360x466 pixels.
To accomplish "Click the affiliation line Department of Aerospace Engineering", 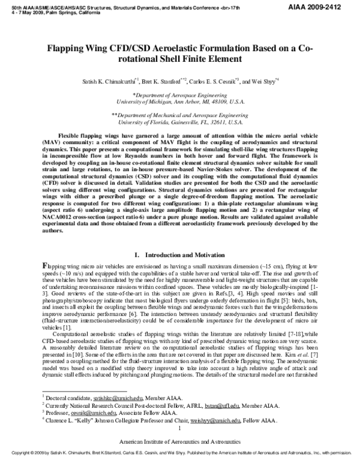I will (x=181, y=95).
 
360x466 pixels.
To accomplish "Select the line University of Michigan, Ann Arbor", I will (x=180, y=102).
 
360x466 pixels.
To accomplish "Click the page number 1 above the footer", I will (x=179, y=446).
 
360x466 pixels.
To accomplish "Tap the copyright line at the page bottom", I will (x=179, y=463).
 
